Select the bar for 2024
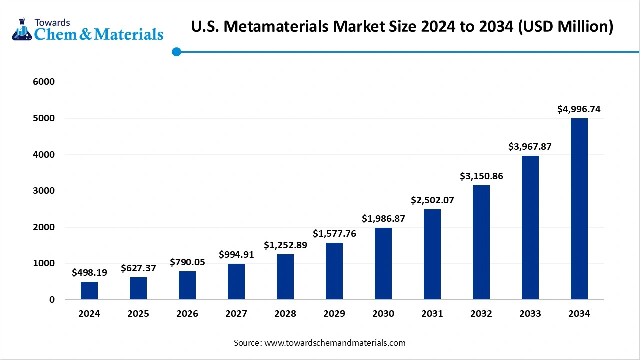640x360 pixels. pyautogui.click(x=89, y=291)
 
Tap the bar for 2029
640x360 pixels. pyautogui.click(x=334, y=271)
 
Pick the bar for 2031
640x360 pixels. pyautogui.click(x=432, y=254)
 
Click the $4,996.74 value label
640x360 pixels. pyautogui.click(x=579, y=109)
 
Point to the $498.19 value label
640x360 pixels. pyautogui.click(x=89, y=273)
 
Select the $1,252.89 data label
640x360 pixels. pyautogui.click(x=285, y=245)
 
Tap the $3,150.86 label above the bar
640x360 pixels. pyautogui.click(x=481, y=176)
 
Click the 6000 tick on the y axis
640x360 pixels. pyautogui.click(x=44, y=82)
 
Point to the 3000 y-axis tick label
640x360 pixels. pyautogui.click(x=44, y=191)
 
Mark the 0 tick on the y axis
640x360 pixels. pyautogui.click(x=51, y=300)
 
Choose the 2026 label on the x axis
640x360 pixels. pyautogui.click(x=187, y=314)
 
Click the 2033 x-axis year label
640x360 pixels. pyautogui.click(x=530, y=314)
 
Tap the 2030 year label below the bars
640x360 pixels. pyautogui.click(x=383, y=314)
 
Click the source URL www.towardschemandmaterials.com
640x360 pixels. pyautogui.click(x=335, y=343)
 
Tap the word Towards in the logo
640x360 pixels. pyautogui.click(x=52, y=22)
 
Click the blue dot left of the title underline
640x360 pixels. pyautogui.click(x=176, y=52)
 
